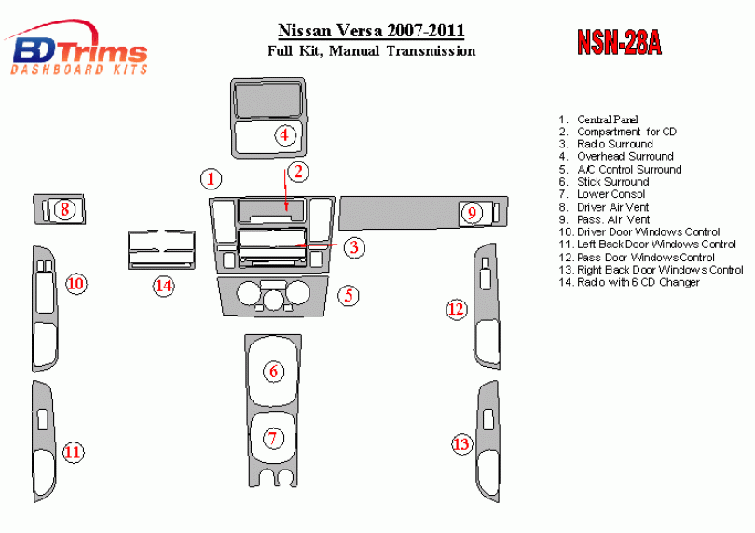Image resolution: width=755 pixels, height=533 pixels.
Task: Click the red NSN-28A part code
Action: [619, 42]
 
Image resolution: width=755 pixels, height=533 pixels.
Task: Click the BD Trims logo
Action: [76, 49]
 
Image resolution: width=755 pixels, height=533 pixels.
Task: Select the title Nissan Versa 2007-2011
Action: [371, 31]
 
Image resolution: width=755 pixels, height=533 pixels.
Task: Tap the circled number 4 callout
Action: [284, 135]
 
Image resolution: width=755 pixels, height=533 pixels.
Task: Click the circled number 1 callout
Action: [211, 179]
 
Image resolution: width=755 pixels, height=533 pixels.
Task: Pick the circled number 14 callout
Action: [164, 286]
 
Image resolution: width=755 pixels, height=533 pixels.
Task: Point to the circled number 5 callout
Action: [349, 295]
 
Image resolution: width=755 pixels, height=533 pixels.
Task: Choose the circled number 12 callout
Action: [457, 309]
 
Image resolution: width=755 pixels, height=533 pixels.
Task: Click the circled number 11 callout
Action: [73, 453]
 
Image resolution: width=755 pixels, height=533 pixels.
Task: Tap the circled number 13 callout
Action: [461, 443]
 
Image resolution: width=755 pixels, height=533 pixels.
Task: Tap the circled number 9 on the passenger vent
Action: [472, 213]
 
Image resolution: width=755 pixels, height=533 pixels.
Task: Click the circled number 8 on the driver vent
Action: [64, 209]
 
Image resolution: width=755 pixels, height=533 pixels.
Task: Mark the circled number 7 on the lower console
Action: [273, 439]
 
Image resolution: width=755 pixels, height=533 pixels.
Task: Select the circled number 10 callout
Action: [76, 283]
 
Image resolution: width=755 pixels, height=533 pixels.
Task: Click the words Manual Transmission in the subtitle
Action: [403, 51]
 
